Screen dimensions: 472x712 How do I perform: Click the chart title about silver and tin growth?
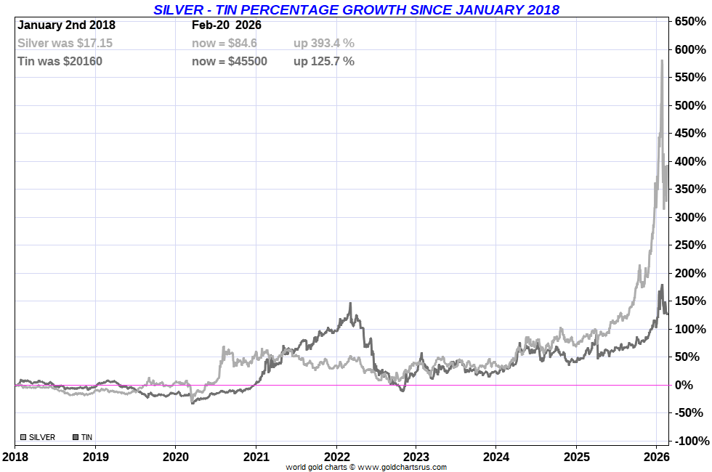pos(356,9)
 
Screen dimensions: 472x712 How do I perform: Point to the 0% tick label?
pos(693,385)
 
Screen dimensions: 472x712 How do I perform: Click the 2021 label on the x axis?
pos(256,457)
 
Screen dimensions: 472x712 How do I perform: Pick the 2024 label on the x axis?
pos(495,457)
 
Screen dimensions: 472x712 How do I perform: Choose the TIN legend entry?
pos(83,437)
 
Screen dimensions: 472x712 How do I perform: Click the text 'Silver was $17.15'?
pos(65,43)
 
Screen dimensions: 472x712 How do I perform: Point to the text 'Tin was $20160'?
pos(60,61)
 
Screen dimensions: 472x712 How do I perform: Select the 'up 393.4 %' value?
pos(324,43)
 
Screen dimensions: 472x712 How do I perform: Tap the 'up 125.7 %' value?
pos(324,61)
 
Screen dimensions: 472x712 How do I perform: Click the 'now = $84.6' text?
pos(224,43)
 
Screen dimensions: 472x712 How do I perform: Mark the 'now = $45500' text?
pos(230,61)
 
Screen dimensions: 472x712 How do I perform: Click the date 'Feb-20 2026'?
pos(227,25)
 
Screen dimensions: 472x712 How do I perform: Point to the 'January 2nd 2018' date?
pos(66,25)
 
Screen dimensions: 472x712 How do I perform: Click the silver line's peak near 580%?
pos(662,61)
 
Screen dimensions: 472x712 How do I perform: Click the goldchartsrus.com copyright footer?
pos(366,467)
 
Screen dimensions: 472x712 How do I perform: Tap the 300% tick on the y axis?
pos(690,217)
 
